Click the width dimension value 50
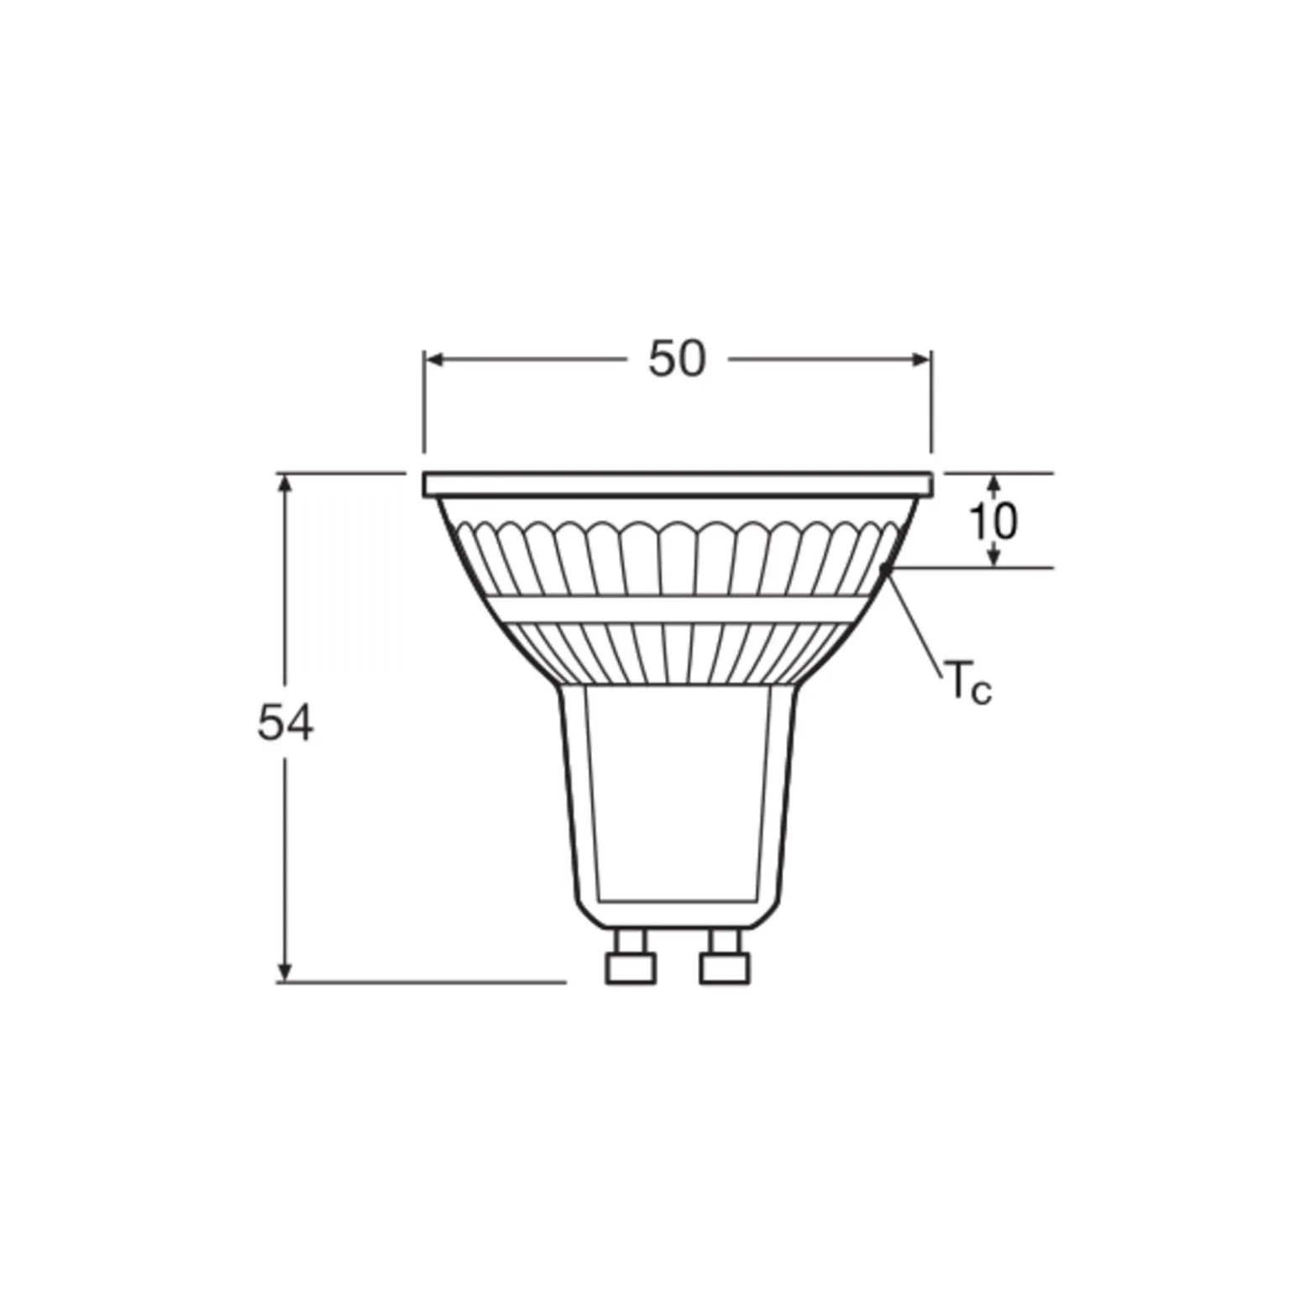tap(677, 359)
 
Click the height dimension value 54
tap(286, 723)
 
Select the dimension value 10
tap(994, 522)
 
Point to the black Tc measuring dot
tap(885, 570)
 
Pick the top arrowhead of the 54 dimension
tap(286, 484)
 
